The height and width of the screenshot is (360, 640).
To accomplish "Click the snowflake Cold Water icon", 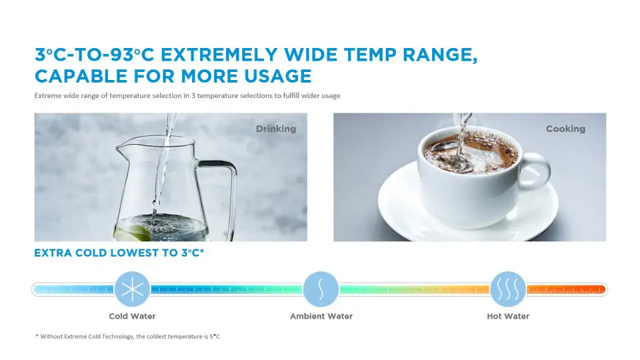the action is [132, 289].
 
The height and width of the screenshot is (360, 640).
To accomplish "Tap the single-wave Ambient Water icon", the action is [321, 289].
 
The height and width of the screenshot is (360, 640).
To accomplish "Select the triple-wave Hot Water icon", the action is [508, 289].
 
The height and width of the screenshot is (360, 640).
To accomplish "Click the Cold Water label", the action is [132, 316].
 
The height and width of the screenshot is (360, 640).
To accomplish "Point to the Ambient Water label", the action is [321, 316].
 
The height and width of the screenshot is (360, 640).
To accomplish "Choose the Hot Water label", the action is [508, 316].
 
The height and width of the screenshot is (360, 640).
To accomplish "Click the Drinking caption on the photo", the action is [276, 129].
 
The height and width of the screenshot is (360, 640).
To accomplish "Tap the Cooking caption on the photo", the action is [565, 129].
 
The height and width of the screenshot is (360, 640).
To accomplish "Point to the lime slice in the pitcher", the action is [131, 233].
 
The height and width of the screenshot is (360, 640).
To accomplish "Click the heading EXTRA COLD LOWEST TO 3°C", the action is [119, 253].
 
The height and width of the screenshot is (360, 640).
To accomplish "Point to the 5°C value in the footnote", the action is [215, 337].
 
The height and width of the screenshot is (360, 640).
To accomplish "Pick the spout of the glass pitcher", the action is [121, 145].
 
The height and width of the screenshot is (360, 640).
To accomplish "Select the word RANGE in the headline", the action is [440, 55].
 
